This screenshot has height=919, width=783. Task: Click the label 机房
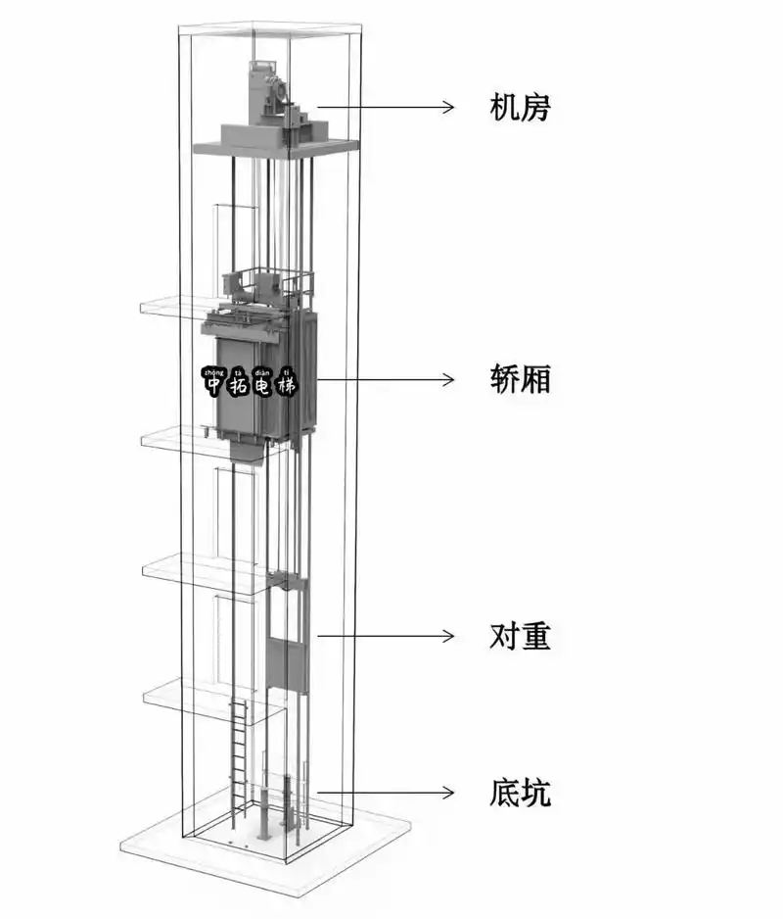pos(520,106)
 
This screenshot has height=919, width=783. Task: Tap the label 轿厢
pos(520,378)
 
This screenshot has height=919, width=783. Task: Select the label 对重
pos(520,636)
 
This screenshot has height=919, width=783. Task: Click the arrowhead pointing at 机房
pos(449,106)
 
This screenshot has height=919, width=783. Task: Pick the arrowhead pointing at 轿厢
pos(449,378)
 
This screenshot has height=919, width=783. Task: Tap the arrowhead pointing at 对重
pos(449,636)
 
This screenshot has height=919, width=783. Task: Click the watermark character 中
pos(213,386)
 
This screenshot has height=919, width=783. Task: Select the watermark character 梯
pos(286,386)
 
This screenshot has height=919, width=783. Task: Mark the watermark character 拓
pos(238,386)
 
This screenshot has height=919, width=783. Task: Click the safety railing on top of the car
pos(269,279)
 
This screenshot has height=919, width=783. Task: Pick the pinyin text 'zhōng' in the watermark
pos(212,370)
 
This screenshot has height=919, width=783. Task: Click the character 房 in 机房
pos(535,106)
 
